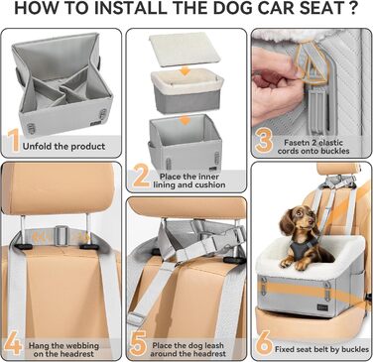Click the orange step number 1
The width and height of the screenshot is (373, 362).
[14, 141]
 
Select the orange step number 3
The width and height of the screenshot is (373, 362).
[264, 141]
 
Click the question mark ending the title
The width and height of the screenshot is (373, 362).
[354, 11]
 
